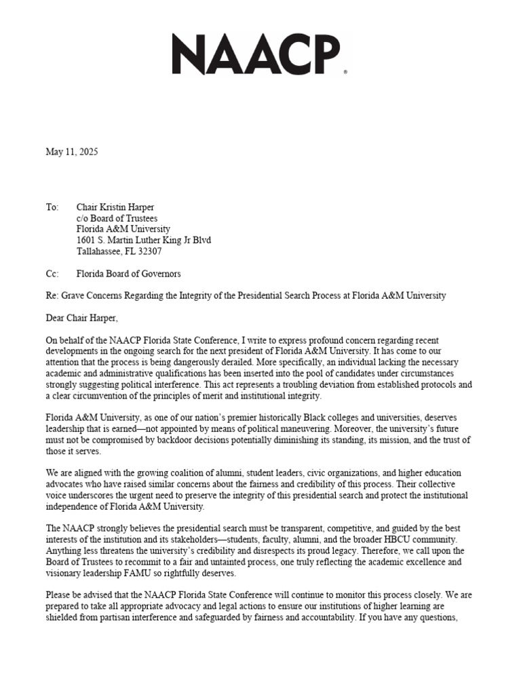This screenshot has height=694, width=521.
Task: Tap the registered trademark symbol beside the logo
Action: (x=346, y=71)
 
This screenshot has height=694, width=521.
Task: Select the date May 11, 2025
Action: (x=72, y=152)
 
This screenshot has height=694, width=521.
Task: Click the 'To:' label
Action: (x=52, y=207)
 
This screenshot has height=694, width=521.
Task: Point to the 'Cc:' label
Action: (x=52, y=274)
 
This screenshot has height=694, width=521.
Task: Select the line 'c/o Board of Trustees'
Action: (x=117, y=218)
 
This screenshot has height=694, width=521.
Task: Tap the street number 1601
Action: (x=88, y=241)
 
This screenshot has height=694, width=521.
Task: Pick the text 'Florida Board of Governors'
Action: (x=129, y=274)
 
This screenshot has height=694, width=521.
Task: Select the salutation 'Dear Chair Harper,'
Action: (x=86, y=318)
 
